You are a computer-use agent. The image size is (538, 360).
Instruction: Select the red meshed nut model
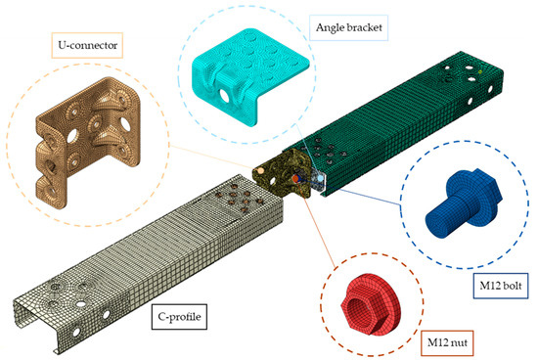(x=364, y=297)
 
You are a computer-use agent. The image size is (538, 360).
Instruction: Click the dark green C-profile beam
(x=391, y=127)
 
